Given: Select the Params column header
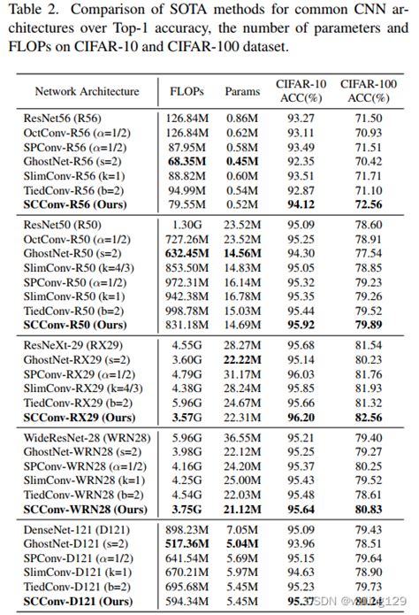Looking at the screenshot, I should coord(243,91).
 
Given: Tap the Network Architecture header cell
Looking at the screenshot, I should coord(87,91).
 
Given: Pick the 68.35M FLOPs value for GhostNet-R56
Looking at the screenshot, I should coord(186,161).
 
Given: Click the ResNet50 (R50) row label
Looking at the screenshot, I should coord(61,226).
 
